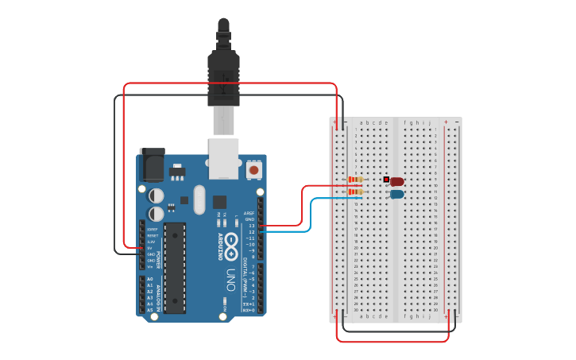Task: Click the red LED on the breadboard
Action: pos(396,182)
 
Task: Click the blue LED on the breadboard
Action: pos(396,194)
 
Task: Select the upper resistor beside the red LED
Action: pos(355,180)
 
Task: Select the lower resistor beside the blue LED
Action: pos(355,192)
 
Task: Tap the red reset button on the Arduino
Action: pos(253,169)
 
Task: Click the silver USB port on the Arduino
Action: pos(223,157)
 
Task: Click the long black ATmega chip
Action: pos(175,268)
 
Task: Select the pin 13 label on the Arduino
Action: pos(251,226)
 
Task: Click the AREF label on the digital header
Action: pos(249,213)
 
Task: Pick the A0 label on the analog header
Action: pos(149,279)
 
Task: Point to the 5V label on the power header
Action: pos(150,247)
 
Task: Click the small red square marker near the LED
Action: pos(386,180)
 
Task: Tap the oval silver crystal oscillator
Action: pos(198,199)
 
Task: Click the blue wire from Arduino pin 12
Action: pos(310,215)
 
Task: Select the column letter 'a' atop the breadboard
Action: pos(361,123)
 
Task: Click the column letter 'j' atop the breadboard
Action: pos(430,123)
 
